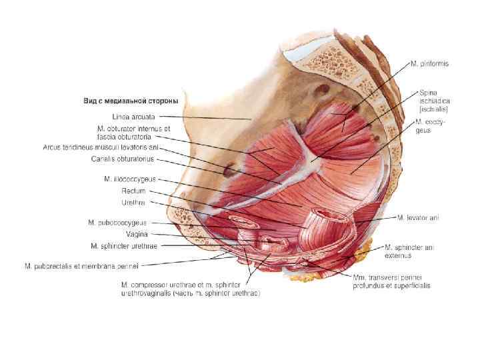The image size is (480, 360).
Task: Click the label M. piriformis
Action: (429, 64)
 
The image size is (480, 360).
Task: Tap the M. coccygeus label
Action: (430, 126)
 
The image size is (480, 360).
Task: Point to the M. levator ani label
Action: (418, 217)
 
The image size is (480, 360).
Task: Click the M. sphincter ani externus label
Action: (409, 251)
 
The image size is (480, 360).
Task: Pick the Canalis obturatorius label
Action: (123, 159)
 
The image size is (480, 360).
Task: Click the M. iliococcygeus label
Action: (130, 179)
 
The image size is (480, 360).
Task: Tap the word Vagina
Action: (137, 234)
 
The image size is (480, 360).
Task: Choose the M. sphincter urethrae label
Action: (124, 245)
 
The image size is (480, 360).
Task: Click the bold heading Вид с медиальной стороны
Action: (131, 101)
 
